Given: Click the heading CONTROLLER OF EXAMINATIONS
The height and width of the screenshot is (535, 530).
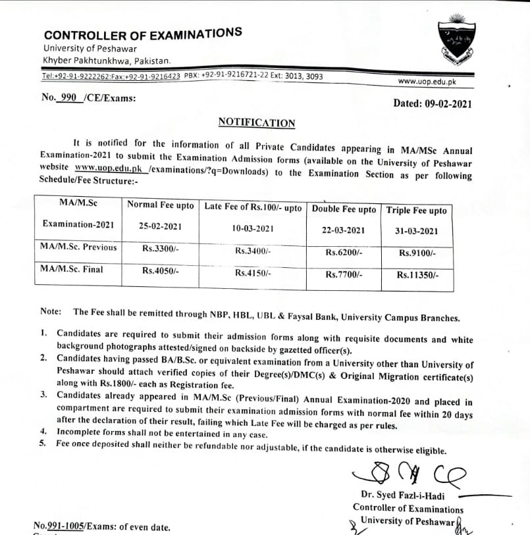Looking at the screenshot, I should tap(142, 35).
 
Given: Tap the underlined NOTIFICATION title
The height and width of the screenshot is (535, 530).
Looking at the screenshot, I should tap(257, 123).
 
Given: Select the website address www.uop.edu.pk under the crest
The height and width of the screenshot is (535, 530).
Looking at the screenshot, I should tap(427, 82).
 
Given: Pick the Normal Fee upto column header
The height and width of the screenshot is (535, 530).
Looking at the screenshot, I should tap(161, 205).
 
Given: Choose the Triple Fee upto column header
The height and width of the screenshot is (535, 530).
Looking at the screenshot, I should tap(416, 211).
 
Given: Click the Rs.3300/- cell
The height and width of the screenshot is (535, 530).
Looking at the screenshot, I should tap(161, 249).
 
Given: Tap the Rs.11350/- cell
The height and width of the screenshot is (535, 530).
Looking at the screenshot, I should tap(417, 275).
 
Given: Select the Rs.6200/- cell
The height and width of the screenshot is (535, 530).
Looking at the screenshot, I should tap(344, 253).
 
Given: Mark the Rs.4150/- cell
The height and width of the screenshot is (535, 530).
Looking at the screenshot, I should tap(253, 272).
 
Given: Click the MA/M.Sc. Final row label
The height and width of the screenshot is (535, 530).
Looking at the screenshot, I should tap(71, 269).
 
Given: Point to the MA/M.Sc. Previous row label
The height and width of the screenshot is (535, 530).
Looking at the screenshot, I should tap(78, 247).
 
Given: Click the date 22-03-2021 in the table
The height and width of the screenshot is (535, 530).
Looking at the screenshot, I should tap(344, 230).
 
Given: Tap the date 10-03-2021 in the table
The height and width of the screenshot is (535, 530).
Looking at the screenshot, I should tap(253, 228).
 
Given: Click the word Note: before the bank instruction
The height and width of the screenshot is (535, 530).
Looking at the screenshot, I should tap(51, 311).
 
